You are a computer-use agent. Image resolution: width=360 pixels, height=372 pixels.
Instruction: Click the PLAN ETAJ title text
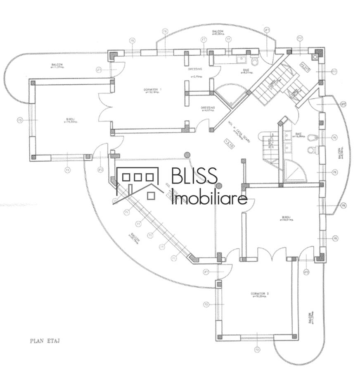pos(45,341)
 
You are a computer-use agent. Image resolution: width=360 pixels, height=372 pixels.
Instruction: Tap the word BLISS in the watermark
pos(194,176)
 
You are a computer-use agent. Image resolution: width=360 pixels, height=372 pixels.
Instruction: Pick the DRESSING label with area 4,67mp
pos(208,109)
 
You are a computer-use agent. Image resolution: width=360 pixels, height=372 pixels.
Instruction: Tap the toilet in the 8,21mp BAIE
pos(254,62)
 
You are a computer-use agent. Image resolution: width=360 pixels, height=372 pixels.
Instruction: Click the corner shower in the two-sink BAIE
pos(296,172)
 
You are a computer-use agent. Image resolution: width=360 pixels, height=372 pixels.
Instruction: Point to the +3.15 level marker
pos(228,144)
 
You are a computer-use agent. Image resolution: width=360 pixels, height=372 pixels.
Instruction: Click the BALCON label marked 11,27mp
pos(57,66)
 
